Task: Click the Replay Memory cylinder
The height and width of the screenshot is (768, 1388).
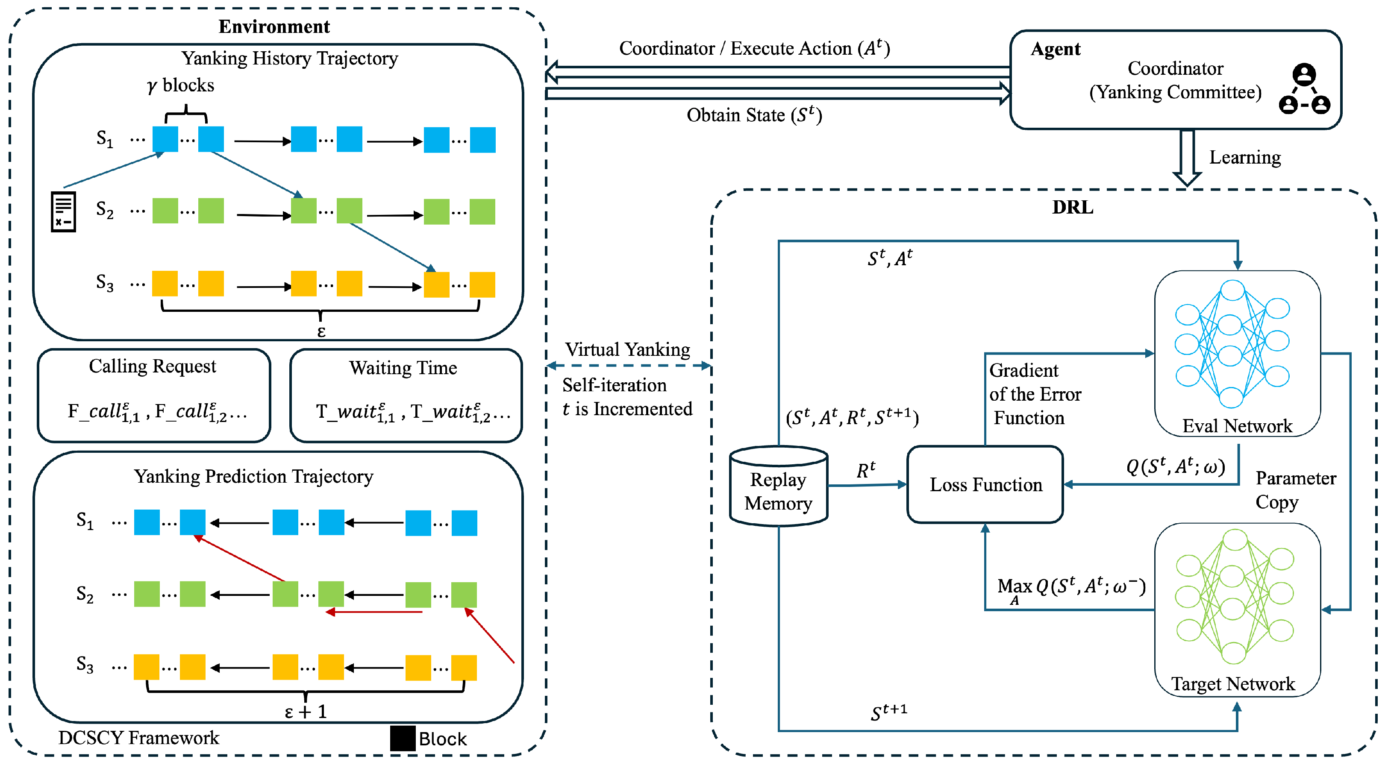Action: tap(778, 487)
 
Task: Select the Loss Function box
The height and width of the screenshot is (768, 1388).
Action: tap(985, 485)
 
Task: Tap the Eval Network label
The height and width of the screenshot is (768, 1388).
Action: tap(1237, 426)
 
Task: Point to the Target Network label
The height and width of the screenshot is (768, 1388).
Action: tap(1233, 683)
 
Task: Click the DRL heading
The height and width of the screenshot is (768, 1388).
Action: tap(1072, 207)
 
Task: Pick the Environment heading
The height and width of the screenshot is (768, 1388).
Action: tap(274, 26)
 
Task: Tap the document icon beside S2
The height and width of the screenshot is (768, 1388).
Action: tap(63, 212)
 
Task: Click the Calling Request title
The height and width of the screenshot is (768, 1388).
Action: tap(153, 366)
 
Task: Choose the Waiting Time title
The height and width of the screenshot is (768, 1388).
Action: tap(403, 368)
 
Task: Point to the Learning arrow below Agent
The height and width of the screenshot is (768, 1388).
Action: tap(1187, 158)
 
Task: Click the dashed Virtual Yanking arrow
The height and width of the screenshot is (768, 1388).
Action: tap(628, 366)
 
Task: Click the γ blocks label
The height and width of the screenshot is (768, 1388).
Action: tap(180, 85)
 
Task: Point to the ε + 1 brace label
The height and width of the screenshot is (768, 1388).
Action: tap(306, 712)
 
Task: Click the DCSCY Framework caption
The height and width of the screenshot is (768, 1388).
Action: tap(138, 737)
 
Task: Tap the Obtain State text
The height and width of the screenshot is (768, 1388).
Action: tap(753, 115)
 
